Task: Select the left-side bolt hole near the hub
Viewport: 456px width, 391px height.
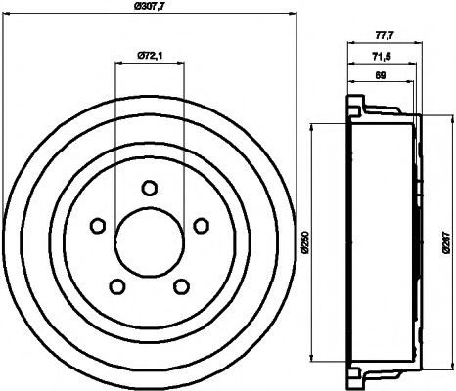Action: [97, 226]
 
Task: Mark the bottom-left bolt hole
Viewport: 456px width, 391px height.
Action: [116, 286]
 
